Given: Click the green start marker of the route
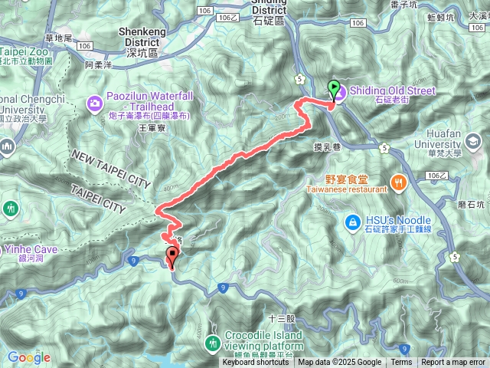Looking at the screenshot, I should [334, 87].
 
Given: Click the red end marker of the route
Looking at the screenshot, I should [171, 258].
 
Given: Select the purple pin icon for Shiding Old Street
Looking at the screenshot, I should [340, 91].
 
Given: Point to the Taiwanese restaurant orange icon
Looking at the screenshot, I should [398, 182].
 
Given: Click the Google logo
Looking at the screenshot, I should [28, 358].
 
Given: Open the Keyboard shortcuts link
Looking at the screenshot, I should [256, 363].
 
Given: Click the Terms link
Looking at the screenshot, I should [401, 363].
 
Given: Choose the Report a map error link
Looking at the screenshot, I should [453, 363].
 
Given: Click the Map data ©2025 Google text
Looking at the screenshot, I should [340, 363].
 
